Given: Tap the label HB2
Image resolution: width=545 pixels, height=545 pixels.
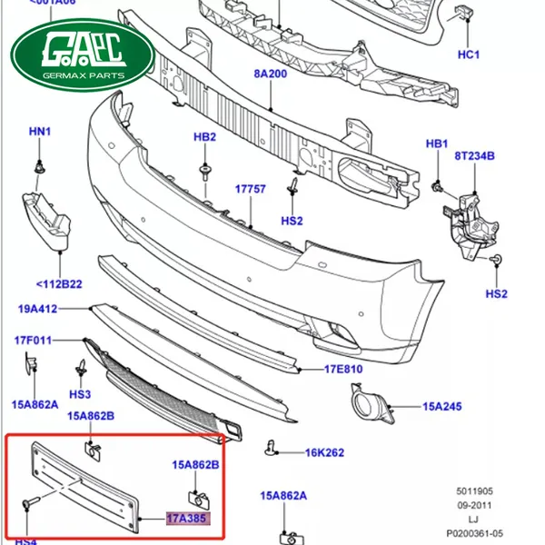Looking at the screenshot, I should (x=204, y=137).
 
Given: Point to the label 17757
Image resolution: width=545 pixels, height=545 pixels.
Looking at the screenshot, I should (x=250, y=189).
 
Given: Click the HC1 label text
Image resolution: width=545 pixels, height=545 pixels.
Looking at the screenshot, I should (x=468, y=54).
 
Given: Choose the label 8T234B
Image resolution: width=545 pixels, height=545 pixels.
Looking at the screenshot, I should (x=474, y=156).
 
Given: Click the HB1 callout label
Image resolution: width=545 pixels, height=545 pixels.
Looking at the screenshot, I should (x=437, y=144).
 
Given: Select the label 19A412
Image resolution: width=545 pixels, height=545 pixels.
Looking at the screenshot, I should (x=37, y=309).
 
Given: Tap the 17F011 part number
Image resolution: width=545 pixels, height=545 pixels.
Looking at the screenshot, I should (x=33, y=341).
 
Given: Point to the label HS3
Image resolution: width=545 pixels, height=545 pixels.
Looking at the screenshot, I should (x=81, y=394).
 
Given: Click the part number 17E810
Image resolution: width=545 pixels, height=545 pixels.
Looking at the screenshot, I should (x=343, y=370).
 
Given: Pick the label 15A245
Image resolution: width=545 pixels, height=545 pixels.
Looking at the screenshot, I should (x=441, y=408).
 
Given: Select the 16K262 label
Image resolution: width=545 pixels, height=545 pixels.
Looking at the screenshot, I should (x=324, y=451).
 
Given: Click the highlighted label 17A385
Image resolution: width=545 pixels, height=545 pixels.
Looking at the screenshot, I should (x=187, y=520).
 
